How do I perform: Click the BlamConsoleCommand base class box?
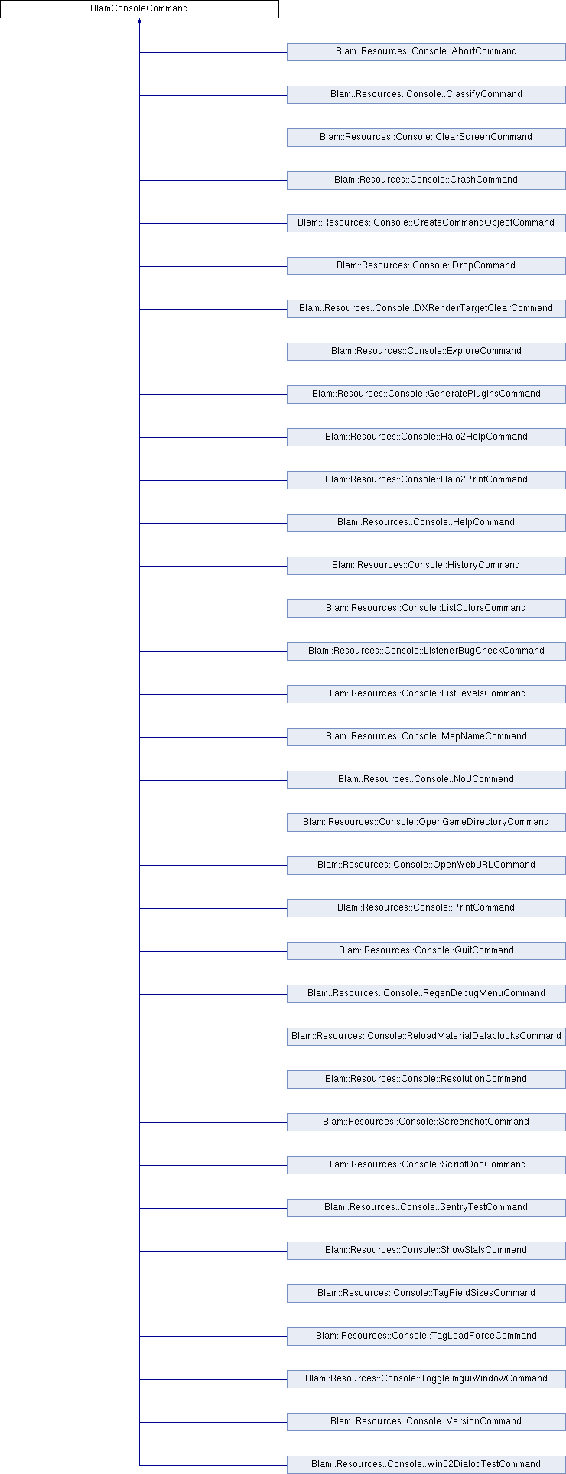139,9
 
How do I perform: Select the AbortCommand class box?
426,52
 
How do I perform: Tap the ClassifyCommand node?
426,95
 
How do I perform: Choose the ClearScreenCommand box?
426,138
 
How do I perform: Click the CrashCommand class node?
426,180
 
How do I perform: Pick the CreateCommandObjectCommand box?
426,223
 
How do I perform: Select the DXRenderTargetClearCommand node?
426,309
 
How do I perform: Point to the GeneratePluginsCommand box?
426,394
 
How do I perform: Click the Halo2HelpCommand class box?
426,437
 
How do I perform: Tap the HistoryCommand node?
426,566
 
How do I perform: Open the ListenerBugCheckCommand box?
426,651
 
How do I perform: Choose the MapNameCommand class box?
426,737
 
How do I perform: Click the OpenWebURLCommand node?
426,865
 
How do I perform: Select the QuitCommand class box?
426,951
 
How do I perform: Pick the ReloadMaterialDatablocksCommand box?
426,1037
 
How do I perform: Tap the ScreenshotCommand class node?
426,1122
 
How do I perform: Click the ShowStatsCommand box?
426,1251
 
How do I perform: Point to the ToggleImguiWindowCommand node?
426,1379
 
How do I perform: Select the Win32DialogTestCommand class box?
426,1465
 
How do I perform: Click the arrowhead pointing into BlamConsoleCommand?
139,21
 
